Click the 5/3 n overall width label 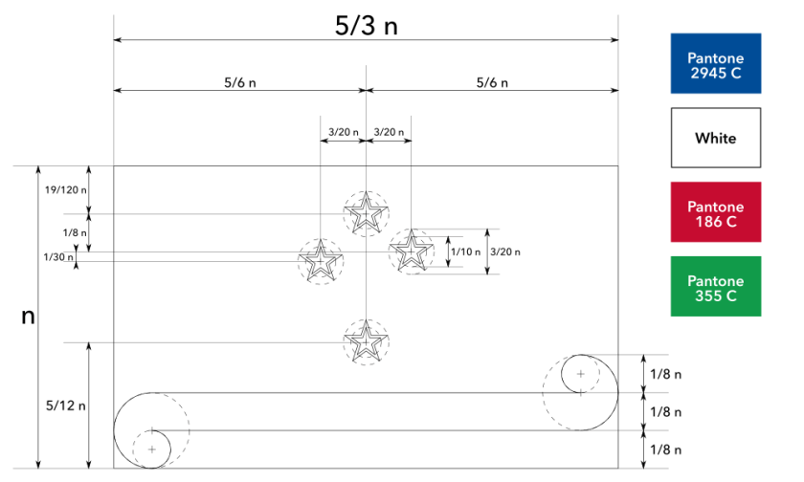coord(367,26)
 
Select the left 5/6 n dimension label coord(239,82)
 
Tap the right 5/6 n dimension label coord(492,82)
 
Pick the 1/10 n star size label coord(465,252)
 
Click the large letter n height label coord(28,316)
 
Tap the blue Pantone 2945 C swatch coord(716,64)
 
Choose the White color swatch coord(716,138)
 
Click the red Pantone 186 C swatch coord(716,212)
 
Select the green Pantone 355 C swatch coord(716,286)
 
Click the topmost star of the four coord(366,214)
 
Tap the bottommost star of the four coord(366,342)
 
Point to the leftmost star coord(321,260)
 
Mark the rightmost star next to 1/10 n coord(411,252)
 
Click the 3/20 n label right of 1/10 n coord(506,252)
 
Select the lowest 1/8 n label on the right coord(665,449)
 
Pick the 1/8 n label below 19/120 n coord(72,232)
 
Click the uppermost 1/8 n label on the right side coord(665,373)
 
